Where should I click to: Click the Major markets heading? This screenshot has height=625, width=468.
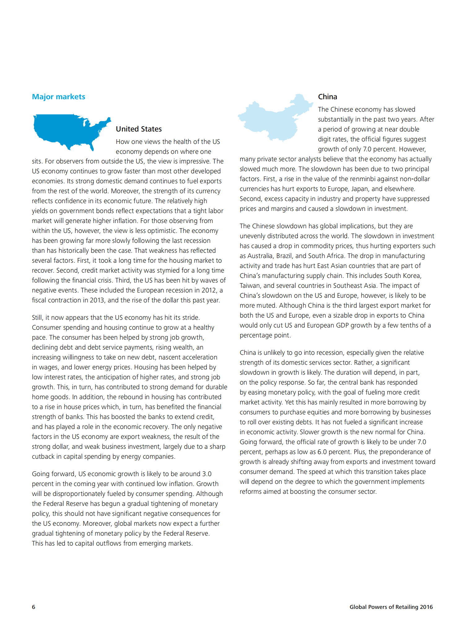tap(59, 97)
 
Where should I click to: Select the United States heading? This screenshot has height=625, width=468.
tap(139, 129)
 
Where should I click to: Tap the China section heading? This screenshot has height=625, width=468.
tap(327, 97)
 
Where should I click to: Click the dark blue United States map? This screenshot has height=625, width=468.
tap(68, 130)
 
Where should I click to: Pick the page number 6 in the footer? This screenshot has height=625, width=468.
tap(34, 607)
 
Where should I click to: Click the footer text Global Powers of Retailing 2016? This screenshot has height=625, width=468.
tap(391, 607)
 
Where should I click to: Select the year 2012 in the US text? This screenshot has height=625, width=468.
tap(208, 290)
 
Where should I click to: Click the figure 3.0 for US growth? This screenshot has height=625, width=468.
tap(207, 474)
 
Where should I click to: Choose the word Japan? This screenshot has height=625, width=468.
tap(359, 189)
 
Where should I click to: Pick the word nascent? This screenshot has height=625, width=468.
tap(170, 357)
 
